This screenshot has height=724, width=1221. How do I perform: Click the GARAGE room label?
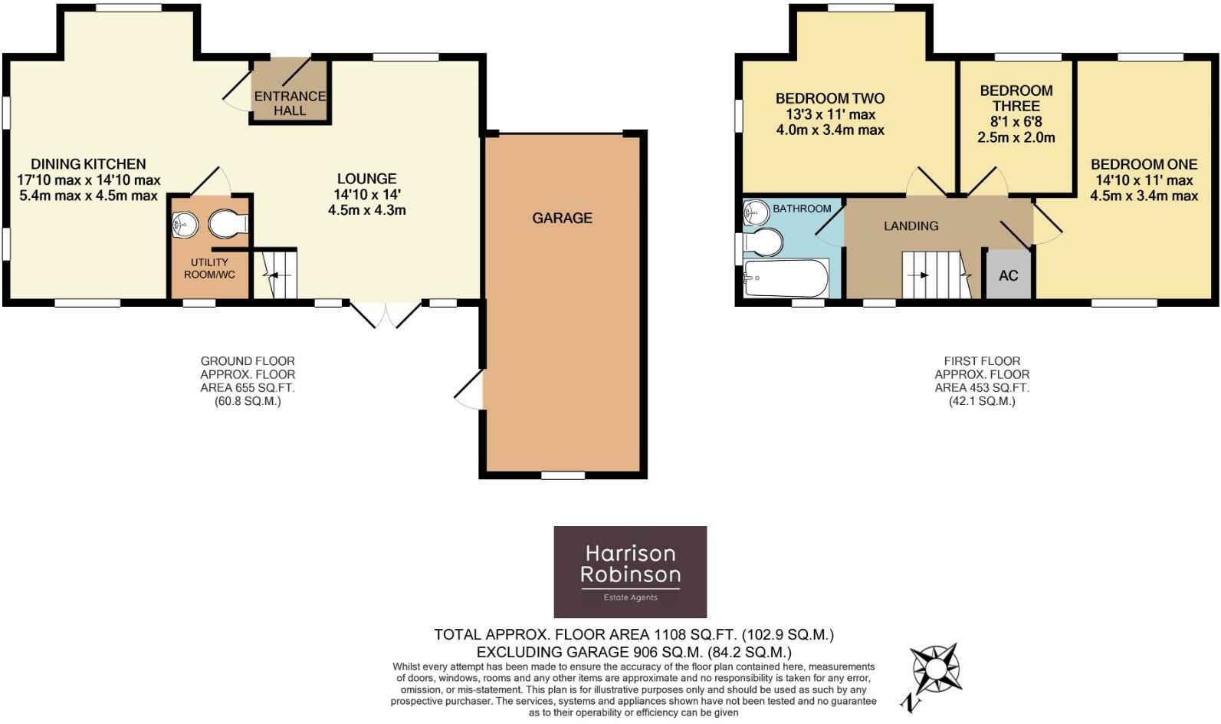[x=562, y=218]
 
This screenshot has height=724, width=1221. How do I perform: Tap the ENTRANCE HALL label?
[x=290, y=103]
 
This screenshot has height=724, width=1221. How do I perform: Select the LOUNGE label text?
[x=366, y=179]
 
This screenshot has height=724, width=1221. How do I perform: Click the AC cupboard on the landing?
[x=1008, y=275]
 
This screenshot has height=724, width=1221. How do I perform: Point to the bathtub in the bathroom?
[x=786, y=278]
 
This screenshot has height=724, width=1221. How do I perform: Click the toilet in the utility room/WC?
[x=227, y=224]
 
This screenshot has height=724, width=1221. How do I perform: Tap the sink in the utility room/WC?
[x=185, y=224]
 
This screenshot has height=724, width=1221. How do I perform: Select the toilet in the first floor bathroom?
[x=762, y=243]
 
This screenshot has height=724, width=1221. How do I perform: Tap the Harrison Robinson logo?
[x=630, y=571]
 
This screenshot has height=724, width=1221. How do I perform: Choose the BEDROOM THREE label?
[x=1016, y=98]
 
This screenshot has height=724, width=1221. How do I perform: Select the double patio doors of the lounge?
[x=386, y=314]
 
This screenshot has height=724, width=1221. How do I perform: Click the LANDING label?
[x=911, y=225]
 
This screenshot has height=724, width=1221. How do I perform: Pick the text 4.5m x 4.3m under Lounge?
[x=366, y=210]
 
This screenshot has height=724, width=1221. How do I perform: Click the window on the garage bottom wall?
[x=563, y=476]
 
